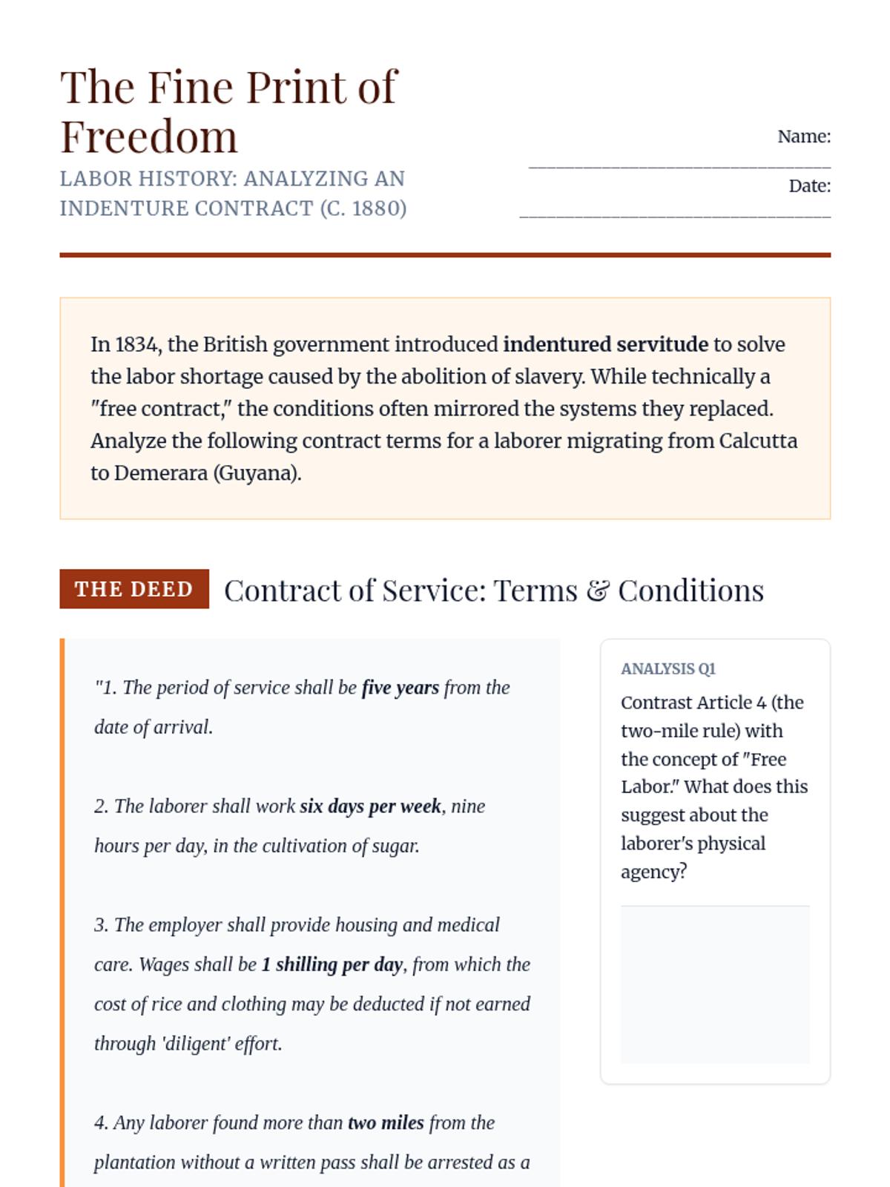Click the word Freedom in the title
pyautogui.click(x=149, y=137)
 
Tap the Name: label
pyautogui.click(x=803, y=137)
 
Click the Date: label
pyautogui.click(x=809, y=186)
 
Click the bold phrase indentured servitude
pyautogui.click(x=605, y=344)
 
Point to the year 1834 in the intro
pyautogui.click(x=136, y=344)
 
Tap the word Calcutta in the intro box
pyautogui.click(x=757, y=441)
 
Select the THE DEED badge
pyautogui.click(x=134, y=589)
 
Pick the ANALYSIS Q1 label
pyautogui.click(x=667, y=669)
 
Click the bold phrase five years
pyautogui.click(x=400, y=688)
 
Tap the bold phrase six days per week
pyautogui.click(x=371, y=806)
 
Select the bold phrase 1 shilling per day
pyautogui.click(x=332, y=964)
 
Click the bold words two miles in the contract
pyautogui.click(x=386, y=1123)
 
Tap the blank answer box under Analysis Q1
pyautogui.click(x=715, y=984)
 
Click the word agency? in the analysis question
pyautogui.click(x=653, y=872)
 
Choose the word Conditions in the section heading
pyautogui.click(x=690, y=591)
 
